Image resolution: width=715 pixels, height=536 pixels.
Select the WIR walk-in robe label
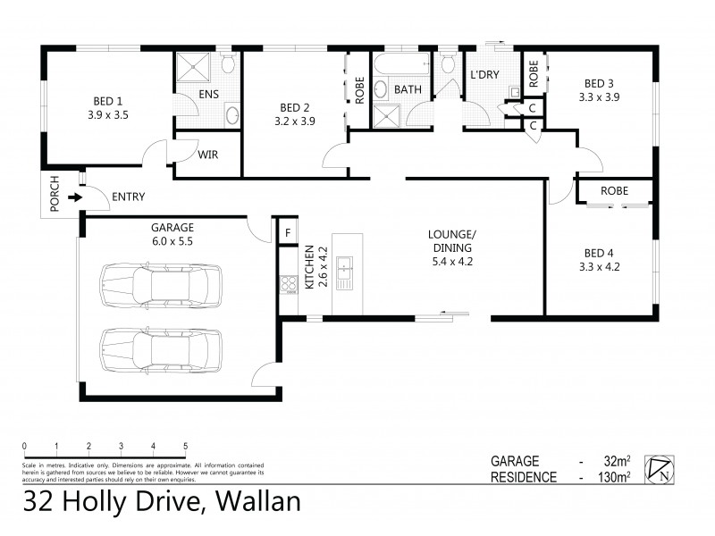pos(207,154)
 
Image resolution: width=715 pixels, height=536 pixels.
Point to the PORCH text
pos(54,195)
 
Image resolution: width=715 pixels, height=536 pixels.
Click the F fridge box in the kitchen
pos(287,233)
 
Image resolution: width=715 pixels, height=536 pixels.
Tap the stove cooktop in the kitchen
pos(289,285)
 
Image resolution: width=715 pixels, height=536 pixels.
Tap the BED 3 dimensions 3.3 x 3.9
pos(598,96)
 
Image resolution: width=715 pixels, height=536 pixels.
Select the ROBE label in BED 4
pos(613,191)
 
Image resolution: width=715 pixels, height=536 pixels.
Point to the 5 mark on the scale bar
pos(185,446)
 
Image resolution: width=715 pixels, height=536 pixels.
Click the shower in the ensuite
pos(190,68)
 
